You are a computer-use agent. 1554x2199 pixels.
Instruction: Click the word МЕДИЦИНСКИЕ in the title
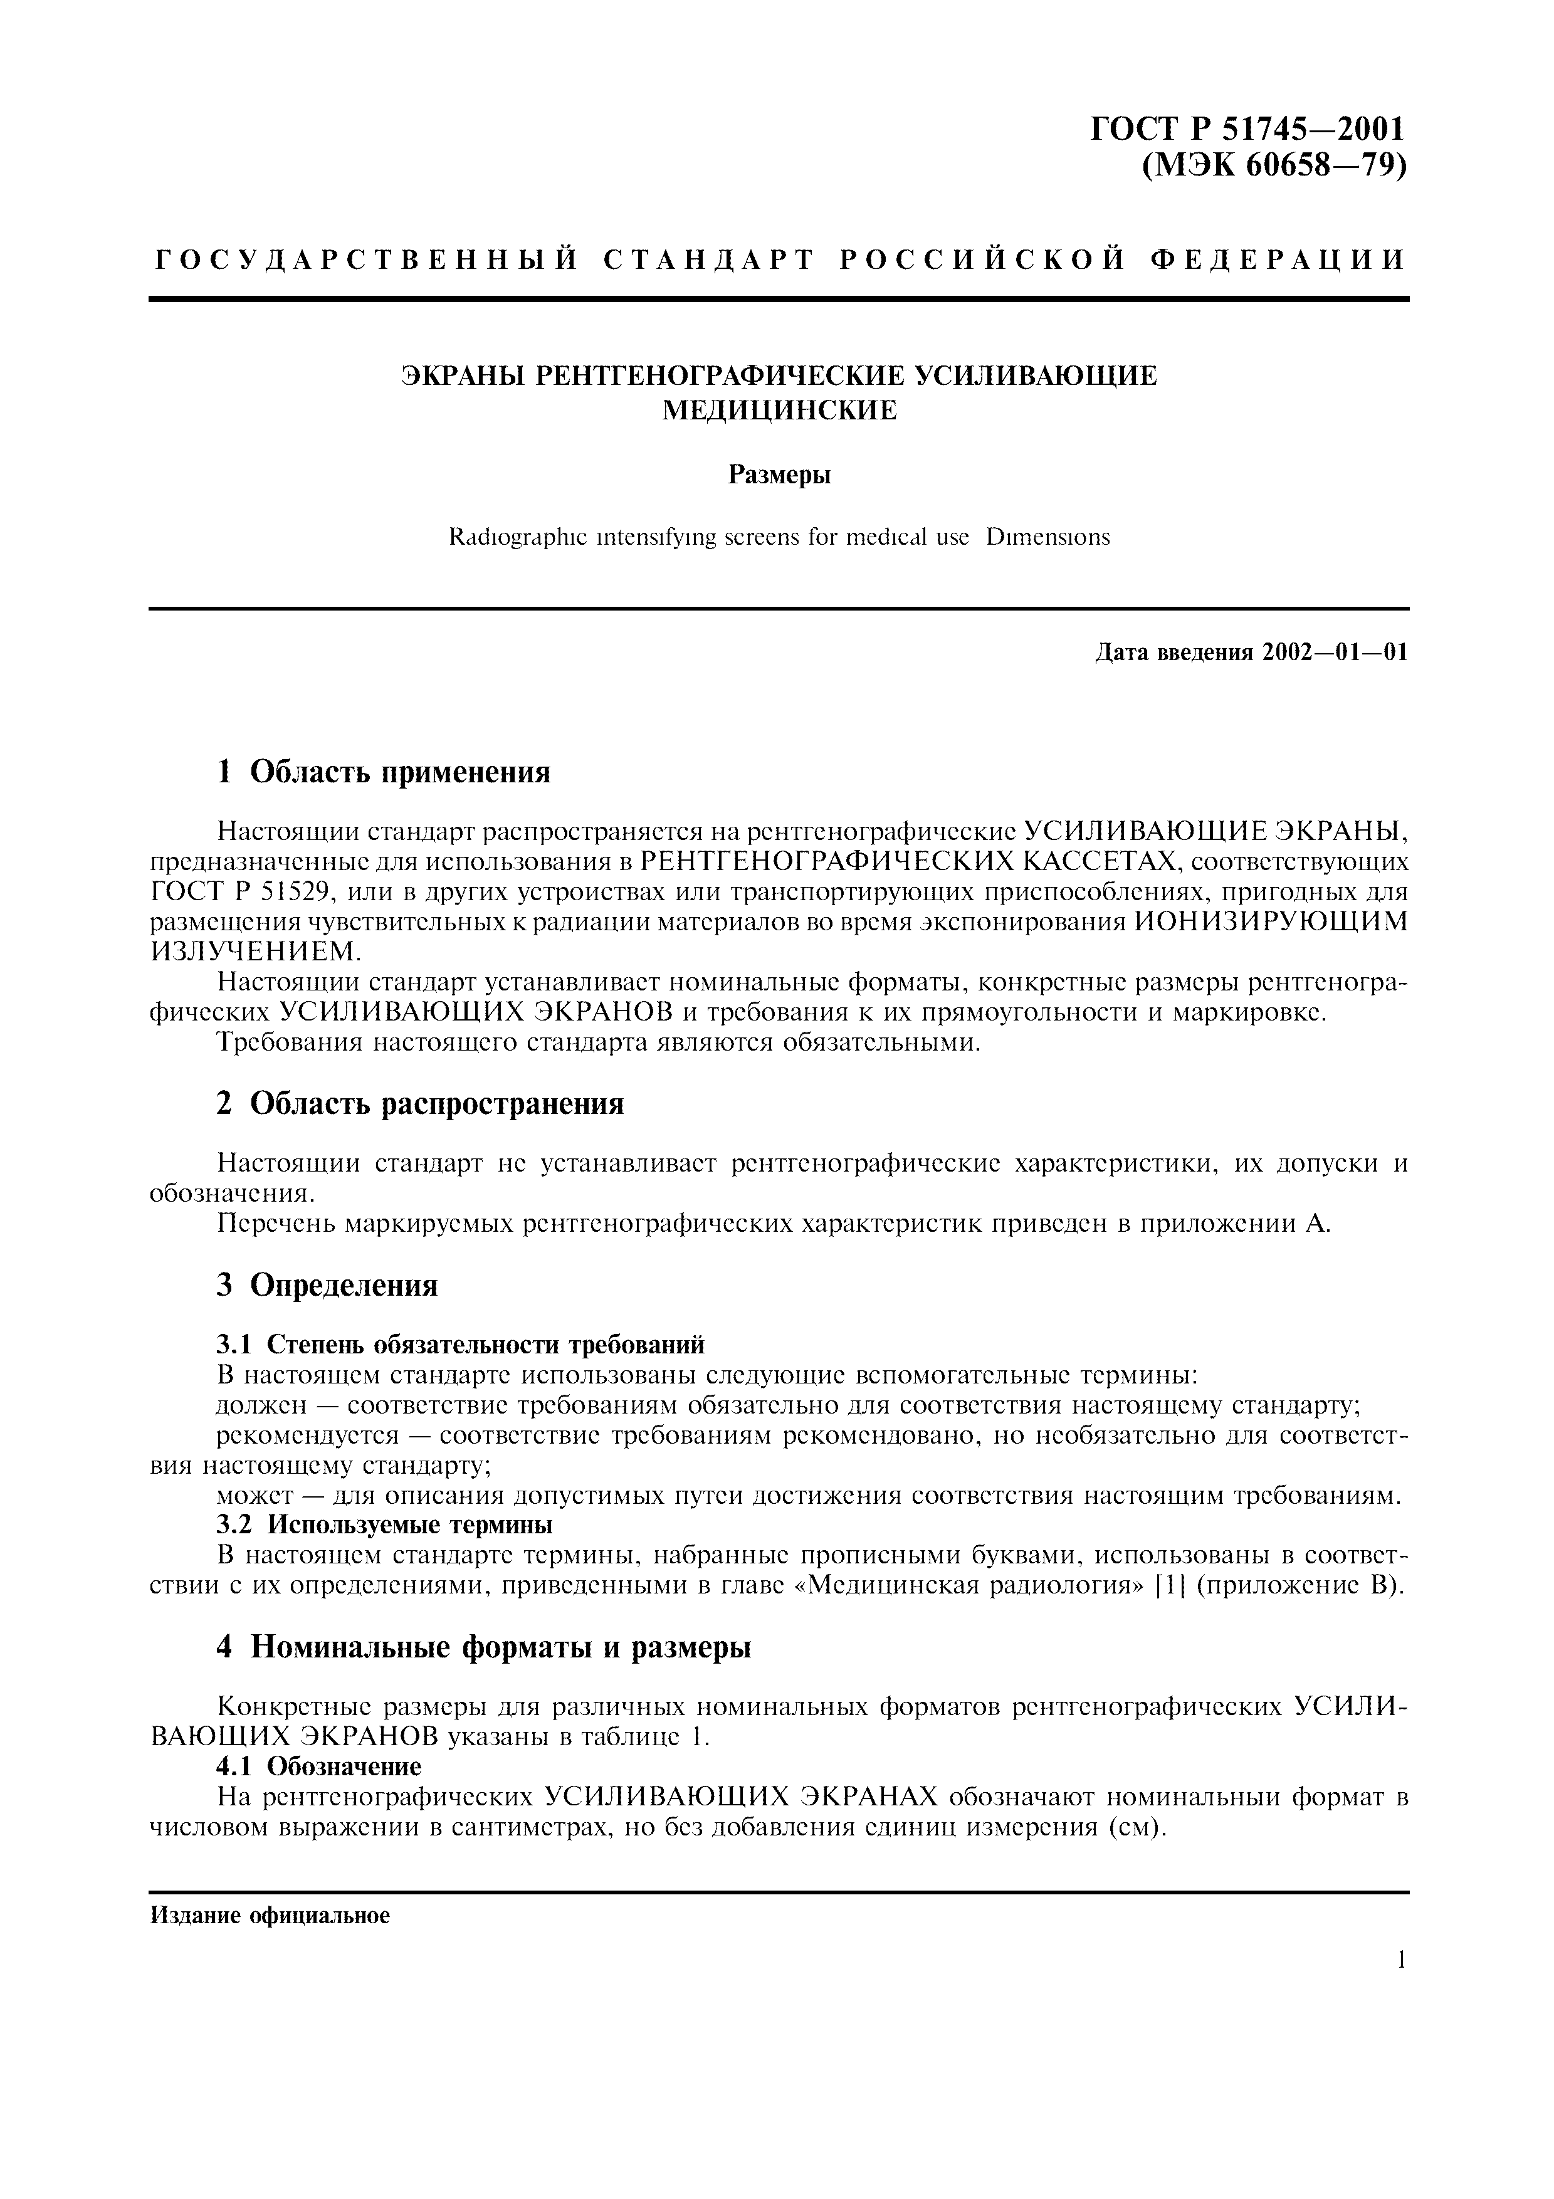coord(779,410)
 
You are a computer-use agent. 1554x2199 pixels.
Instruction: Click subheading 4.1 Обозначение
coord(320,1765)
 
